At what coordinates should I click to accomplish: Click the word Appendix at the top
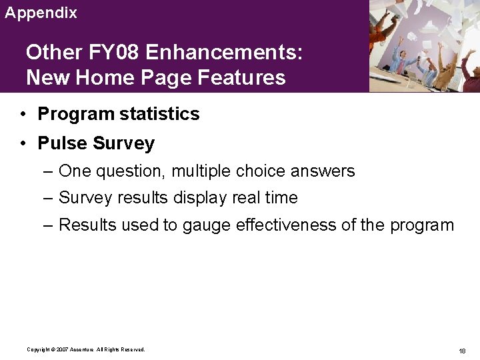point(41,13)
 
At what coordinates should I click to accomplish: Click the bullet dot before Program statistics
point(23,114)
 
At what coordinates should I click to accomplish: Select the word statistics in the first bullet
point(160,114)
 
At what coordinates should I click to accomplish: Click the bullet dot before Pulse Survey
point(23,143)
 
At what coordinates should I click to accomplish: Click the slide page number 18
point(462,351)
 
